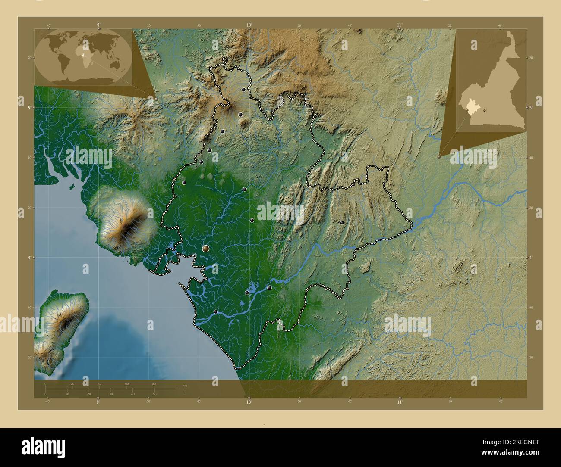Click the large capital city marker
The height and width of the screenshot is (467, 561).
pyautogui.click(x=205, y=249)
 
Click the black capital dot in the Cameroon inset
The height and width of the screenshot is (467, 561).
pyautogui.click(x=485, y=111)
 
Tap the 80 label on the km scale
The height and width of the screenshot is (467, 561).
pyautogui.click(x=154, y=383)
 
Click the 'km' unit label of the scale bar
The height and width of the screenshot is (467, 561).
pyautogui.click(x=185, y=385)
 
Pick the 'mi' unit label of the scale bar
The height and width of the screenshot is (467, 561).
pyautogui.click(x=184, y=392)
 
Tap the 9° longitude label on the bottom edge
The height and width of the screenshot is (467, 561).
pyautogui.click(x=98, y=402)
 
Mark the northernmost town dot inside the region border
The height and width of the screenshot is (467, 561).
pyautogui.click(x=244, y=90)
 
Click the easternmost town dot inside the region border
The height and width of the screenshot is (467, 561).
pyautogui.click(x=342, y=223)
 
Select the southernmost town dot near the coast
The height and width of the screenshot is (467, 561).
pyautogui.click(x=215, y=311)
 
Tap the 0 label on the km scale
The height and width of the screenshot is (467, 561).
pyautogui.click(x=45, y=383)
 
